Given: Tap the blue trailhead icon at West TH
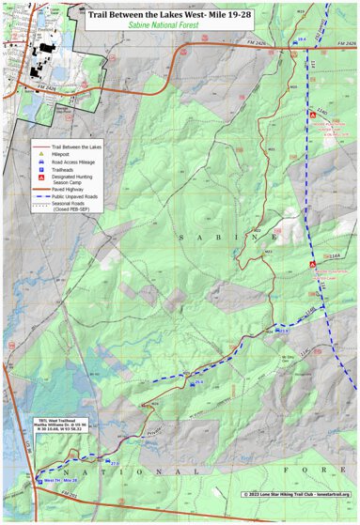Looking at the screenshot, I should [39, 480].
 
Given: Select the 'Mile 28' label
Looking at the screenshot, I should [70, 481].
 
